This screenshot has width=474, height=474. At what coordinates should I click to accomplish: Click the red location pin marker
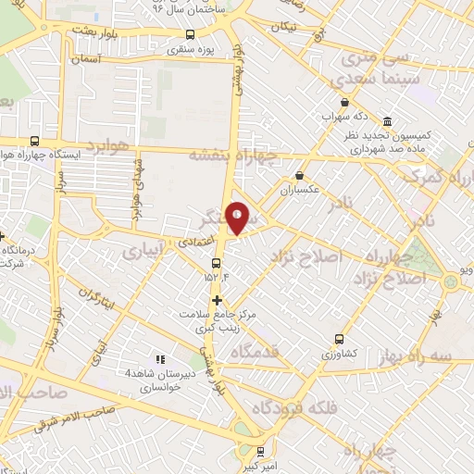point(238,218)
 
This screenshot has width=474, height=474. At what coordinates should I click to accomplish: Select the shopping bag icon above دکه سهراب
point(345,103)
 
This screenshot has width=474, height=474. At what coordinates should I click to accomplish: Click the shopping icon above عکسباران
point(299,174)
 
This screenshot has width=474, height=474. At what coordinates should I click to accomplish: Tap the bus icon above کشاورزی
point(339,339)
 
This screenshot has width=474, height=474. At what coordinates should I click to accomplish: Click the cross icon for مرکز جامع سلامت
point(218,300)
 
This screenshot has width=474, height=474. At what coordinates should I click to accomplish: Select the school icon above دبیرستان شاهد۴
point(160,359)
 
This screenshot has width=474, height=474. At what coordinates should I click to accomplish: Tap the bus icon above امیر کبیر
point(261,452)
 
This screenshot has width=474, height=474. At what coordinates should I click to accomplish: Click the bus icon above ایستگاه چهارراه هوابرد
point(34,141)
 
